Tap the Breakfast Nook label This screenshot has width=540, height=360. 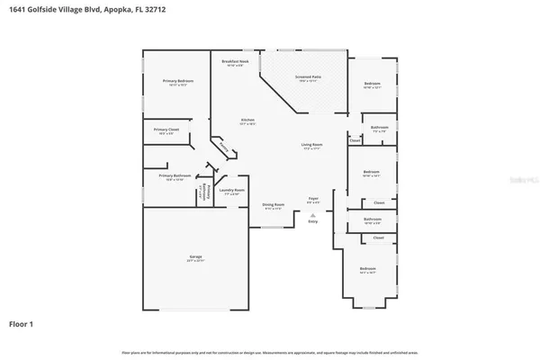tap(235, 62)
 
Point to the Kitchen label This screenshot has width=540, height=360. tap(247, 121)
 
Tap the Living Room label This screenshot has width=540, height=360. tap(311, 145)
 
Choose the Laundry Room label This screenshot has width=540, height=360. tap(232, 190)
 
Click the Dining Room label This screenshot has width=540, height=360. tap(274, 205)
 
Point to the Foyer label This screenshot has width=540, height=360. tap(313, 198)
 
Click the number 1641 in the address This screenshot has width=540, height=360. tap(18, 8)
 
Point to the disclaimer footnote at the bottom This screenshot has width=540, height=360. tap(270, 352)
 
